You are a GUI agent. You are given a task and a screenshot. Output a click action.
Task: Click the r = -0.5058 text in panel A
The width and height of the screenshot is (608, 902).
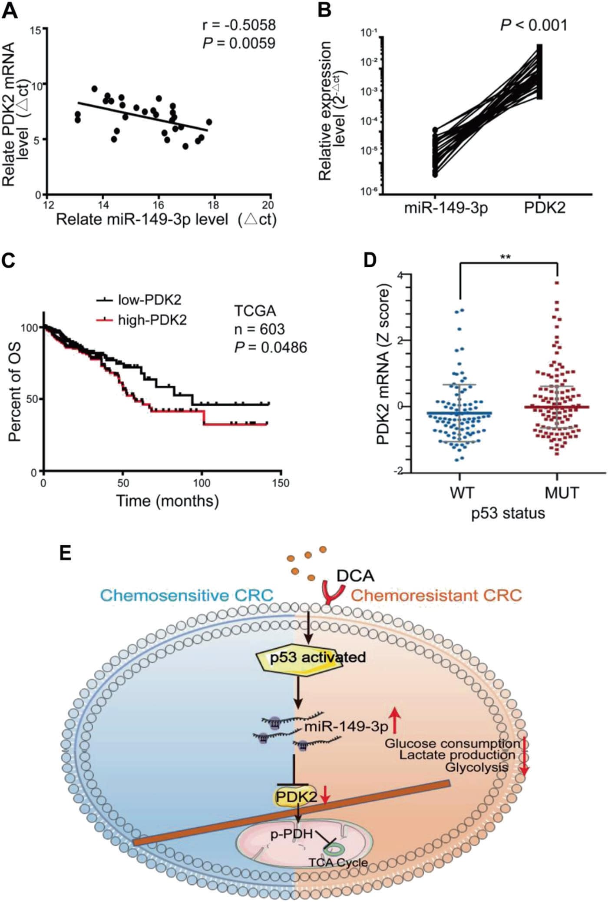pyautogui.click(x=238, y=25)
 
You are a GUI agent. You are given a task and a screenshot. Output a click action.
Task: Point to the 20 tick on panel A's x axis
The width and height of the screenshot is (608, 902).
pyautogui.click(x=269, y=205)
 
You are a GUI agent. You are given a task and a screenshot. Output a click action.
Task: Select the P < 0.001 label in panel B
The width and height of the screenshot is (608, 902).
pyautogui.click(x=534, y=25)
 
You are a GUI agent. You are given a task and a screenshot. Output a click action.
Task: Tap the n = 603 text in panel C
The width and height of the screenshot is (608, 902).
pyautogui.click(x=260, y=329)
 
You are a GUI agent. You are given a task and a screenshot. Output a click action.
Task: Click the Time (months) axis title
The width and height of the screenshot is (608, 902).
pyautogui.click(x=167, y=501)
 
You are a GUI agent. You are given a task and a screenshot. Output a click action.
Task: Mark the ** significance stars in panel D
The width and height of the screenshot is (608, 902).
pyautogui.click(x=505, y=257)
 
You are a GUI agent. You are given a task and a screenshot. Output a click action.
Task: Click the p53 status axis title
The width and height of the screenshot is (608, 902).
pyautogui.click(x=508, y=513)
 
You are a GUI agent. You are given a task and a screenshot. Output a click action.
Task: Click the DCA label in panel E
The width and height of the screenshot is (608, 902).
pyautogui.click(x=355, y=576)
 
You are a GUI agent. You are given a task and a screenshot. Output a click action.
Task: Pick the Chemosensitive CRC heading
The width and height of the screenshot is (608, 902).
pyautogui.click(x=187, y=595)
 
